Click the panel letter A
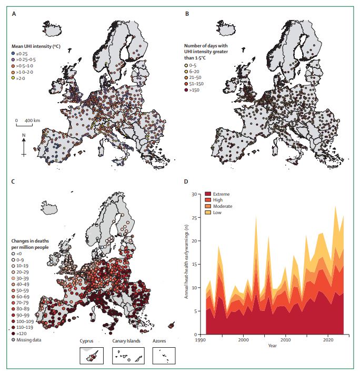(14, 14)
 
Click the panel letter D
(186, 182)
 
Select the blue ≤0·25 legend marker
(13, 54)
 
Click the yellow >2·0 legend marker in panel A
(13, 78)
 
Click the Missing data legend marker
(13, 340)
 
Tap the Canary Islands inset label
(126, 341)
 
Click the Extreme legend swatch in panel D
(208, 194)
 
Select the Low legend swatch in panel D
(208, 213)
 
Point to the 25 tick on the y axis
(194, 218)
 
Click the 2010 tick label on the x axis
(285, 340)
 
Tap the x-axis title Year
(273, 346)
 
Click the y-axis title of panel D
(186, 261)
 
